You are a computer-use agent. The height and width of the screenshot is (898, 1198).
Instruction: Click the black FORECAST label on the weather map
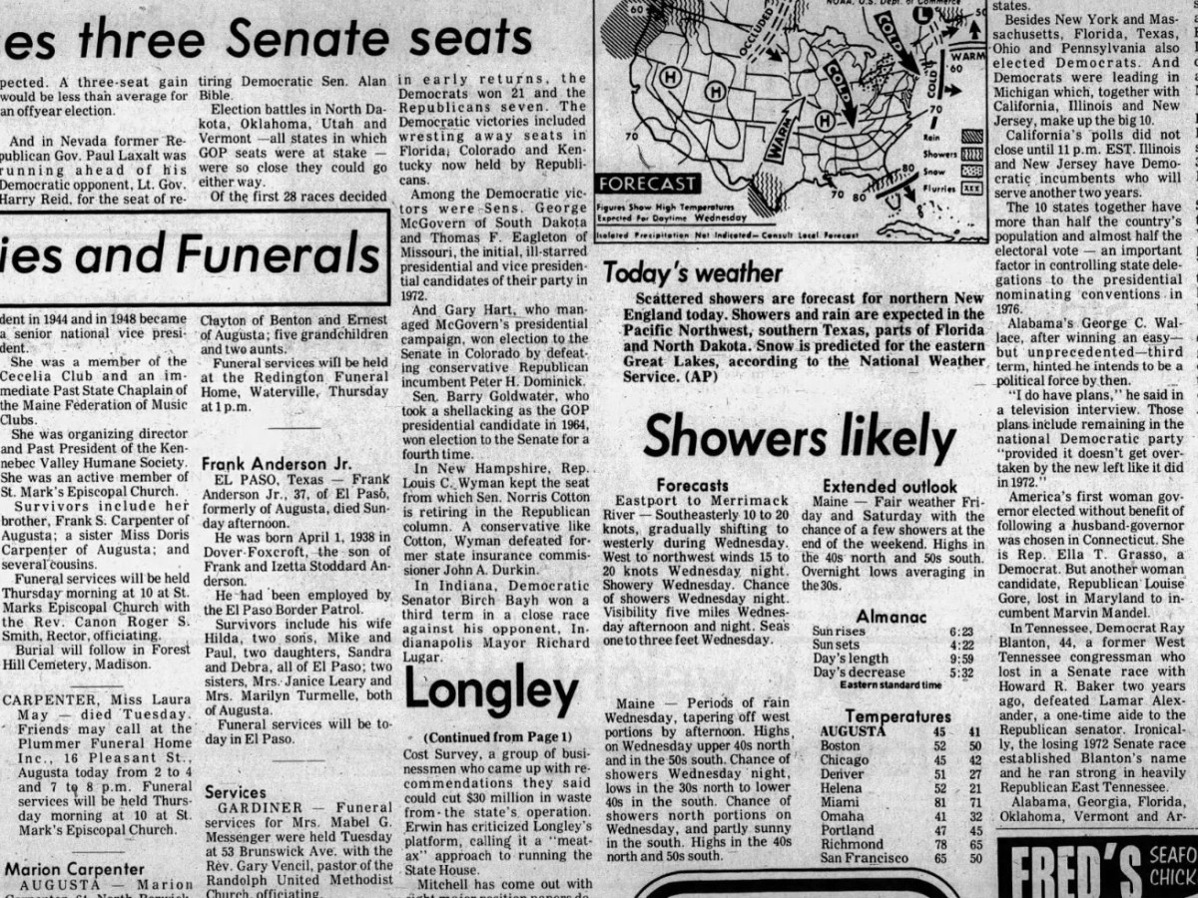tap(646, 184)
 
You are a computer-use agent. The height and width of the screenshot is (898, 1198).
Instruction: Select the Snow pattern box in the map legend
tap(971, 171)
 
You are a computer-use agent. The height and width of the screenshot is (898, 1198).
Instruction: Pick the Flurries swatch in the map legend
tap(971, 187)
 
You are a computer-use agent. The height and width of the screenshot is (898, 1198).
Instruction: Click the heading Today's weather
tap(693, 272)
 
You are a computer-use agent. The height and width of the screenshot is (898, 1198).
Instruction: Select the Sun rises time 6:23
tap(961, 632)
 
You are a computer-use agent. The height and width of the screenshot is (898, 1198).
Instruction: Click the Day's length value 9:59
tap(961, 659)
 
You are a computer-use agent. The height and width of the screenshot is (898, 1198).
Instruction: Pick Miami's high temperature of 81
tap(937, 802)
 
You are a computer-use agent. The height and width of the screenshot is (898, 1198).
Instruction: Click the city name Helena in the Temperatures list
tap(841, 788)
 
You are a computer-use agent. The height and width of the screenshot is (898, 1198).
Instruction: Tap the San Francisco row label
tap(864, 858)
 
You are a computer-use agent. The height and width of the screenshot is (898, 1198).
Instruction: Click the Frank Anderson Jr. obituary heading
tap(264, 464)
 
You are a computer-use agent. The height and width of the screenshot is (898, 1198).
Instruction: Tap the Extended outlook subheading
tap(890, 486)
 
